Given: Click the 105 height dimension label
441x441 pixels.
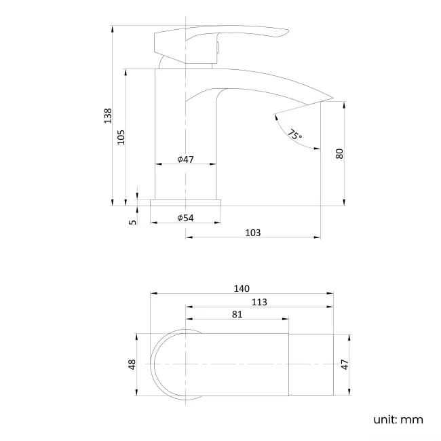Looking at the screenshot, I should coord(121,137).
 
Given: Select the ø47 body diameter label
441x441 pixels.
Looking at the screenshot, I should coord(186,159).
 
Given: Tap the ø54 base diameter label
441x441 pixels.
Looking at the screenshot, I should coord(186,218).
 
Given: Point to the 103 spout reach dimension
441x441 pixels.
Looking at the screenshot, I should coord(252,233).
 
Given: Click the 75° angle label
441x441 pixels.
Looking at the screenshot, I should coord(294,134).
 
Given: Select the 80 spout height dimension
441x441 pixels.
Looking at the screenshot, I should coord(339,154).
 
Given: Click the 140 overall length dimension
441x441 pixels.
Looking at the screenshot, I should coord(242,288).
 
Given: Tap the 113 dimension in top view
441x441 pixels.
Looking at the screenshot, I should coord(258,302).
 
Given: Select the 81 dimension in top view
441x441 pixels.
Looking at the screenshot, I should coord(237,314).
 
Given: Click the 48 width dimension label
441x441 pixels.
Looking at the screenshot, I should coord(132,364).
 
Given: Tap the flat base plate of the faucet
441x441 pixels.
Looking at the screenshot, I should coord(186,202).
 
